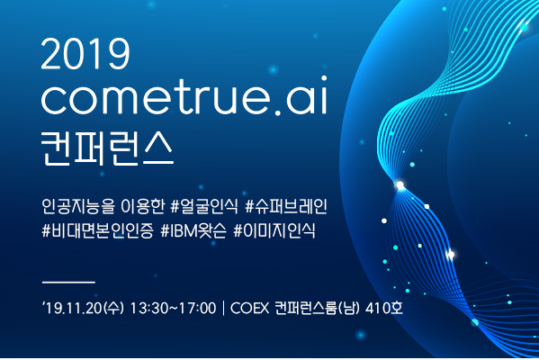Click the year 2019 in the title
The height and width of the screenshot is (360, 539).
point(85,54)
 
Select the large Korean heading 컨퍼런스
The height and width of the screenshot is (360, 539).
point(107,148)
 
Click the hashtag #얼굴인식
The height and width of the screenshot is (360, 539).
point(204,207)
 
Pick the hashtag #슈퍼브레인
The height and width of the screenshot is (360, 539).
point(286,207)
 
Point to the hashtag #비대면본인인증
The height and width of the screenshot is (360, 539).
point(97,230)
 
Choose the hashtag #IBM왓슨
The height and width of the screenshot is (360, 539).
point(193,230)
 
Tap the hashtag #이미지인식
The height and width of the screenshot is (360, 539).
point(274,230)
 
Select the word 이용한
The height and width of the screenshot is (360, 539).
point(143,207)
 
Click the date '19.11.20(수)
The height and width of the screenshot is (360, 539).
point(83,308)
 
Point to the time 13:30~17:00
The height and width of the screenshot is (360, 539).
point(174,308)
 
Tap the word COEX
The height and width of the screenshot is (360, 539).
point(249,308)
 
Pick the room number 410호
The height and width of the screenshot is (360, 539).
point(384,308)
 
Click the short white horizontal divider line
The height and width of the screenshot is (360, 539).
point(68,283)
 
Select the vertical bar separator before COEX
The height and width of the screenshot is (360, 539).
point(223,308)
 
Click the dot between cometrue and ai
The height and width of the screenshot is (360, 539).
point(278,112)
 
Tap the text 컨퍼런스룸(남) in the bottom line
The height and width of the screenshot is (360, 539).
point(317,308)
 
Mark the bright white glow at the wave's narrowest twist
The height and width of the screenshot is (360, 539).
point(400,185)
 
